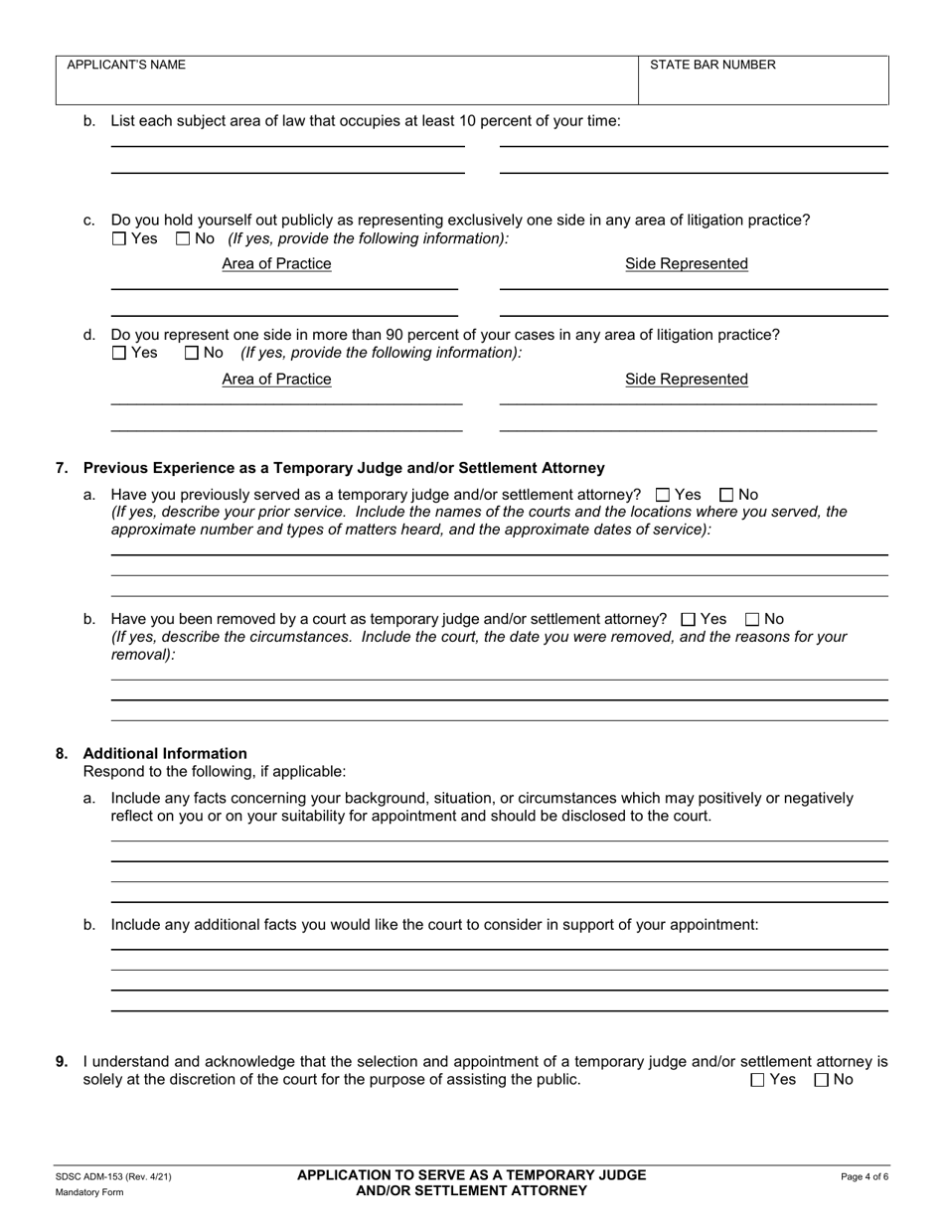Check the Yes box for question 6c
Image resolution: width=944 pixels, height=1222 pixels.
click(119, 238)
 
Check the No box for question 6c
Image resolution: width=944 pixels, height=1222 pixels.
click(183, 238)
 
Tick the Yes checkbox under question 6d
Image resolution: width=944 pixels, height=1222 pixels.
click(119, 353)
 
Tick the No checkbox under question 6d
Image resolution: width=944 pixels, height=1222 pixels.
click(193, 353)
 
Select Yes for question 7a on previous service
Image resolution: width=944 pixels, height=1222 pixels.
click(664, 495)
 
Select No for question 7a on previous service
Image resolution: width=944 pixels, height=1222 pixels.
click(726, 495)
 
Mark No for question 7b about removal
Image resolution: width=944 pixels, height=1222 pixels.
click(752, 619)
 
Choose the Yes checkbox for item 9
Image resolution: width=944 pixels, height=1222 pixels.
click(758, 1080)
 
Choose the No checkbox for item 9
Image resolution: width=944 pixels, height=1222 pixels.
click(821, 1080)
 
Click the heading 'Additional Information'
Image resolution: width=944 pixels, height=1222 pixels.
click(165, 753)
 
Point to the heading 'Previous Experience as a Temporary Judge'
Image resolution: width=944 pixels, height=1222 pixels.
click(343, 468)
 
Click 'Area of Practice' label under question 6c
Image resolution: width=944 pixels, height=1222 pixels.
click(276, 264)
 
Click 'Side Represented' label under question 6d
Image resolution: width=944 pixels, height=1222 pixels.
click(686, 380)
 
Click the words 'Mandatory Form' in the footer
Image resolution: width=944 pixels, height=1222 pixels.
click(89, 1192)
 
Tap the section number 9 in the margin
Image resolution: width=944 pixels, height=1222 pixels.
click(62, 1062)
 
